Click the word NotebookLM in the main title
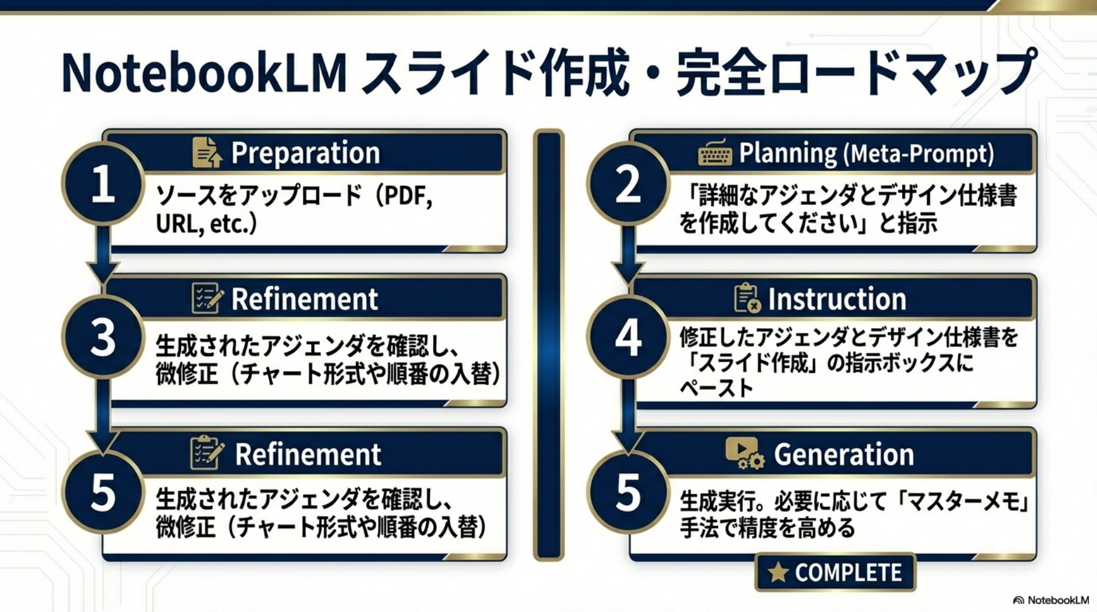[x=205, y=74]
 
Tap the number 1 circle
[x=103, y=184]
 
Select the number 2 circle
[x=628, y=184]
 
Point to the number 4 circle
[x=628, y=337]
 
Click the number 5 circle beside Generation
[x=628, y=492]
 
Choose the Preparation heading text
[x=306, y=153]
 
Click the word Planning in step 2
[x=788, y=153]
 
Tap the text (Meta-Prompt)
[x=919, y=154]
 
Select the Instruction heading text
[x=837, y=299]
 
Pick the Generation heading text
[x=844, y=454]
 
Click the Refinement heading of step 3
[x=305, y=299]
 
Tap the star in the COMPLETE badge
[x=778, y=573]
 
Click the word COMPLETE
[x=848, y=573]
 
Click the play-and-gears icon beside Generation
[x=745, y=453]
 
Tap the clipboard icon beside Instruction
[x=747, y=298]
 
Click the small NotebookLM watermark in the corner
[x=1051, y=600]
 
